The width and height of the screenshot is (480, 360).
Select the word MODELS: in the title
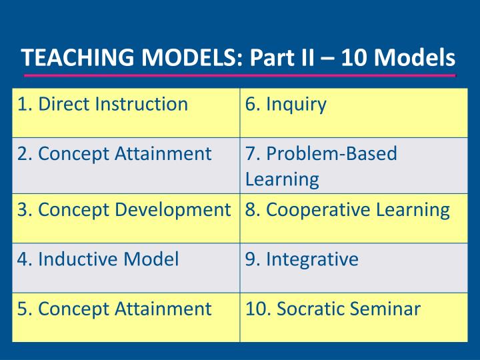194,59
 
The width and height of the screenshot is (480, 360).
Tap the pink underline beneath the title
239,76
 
